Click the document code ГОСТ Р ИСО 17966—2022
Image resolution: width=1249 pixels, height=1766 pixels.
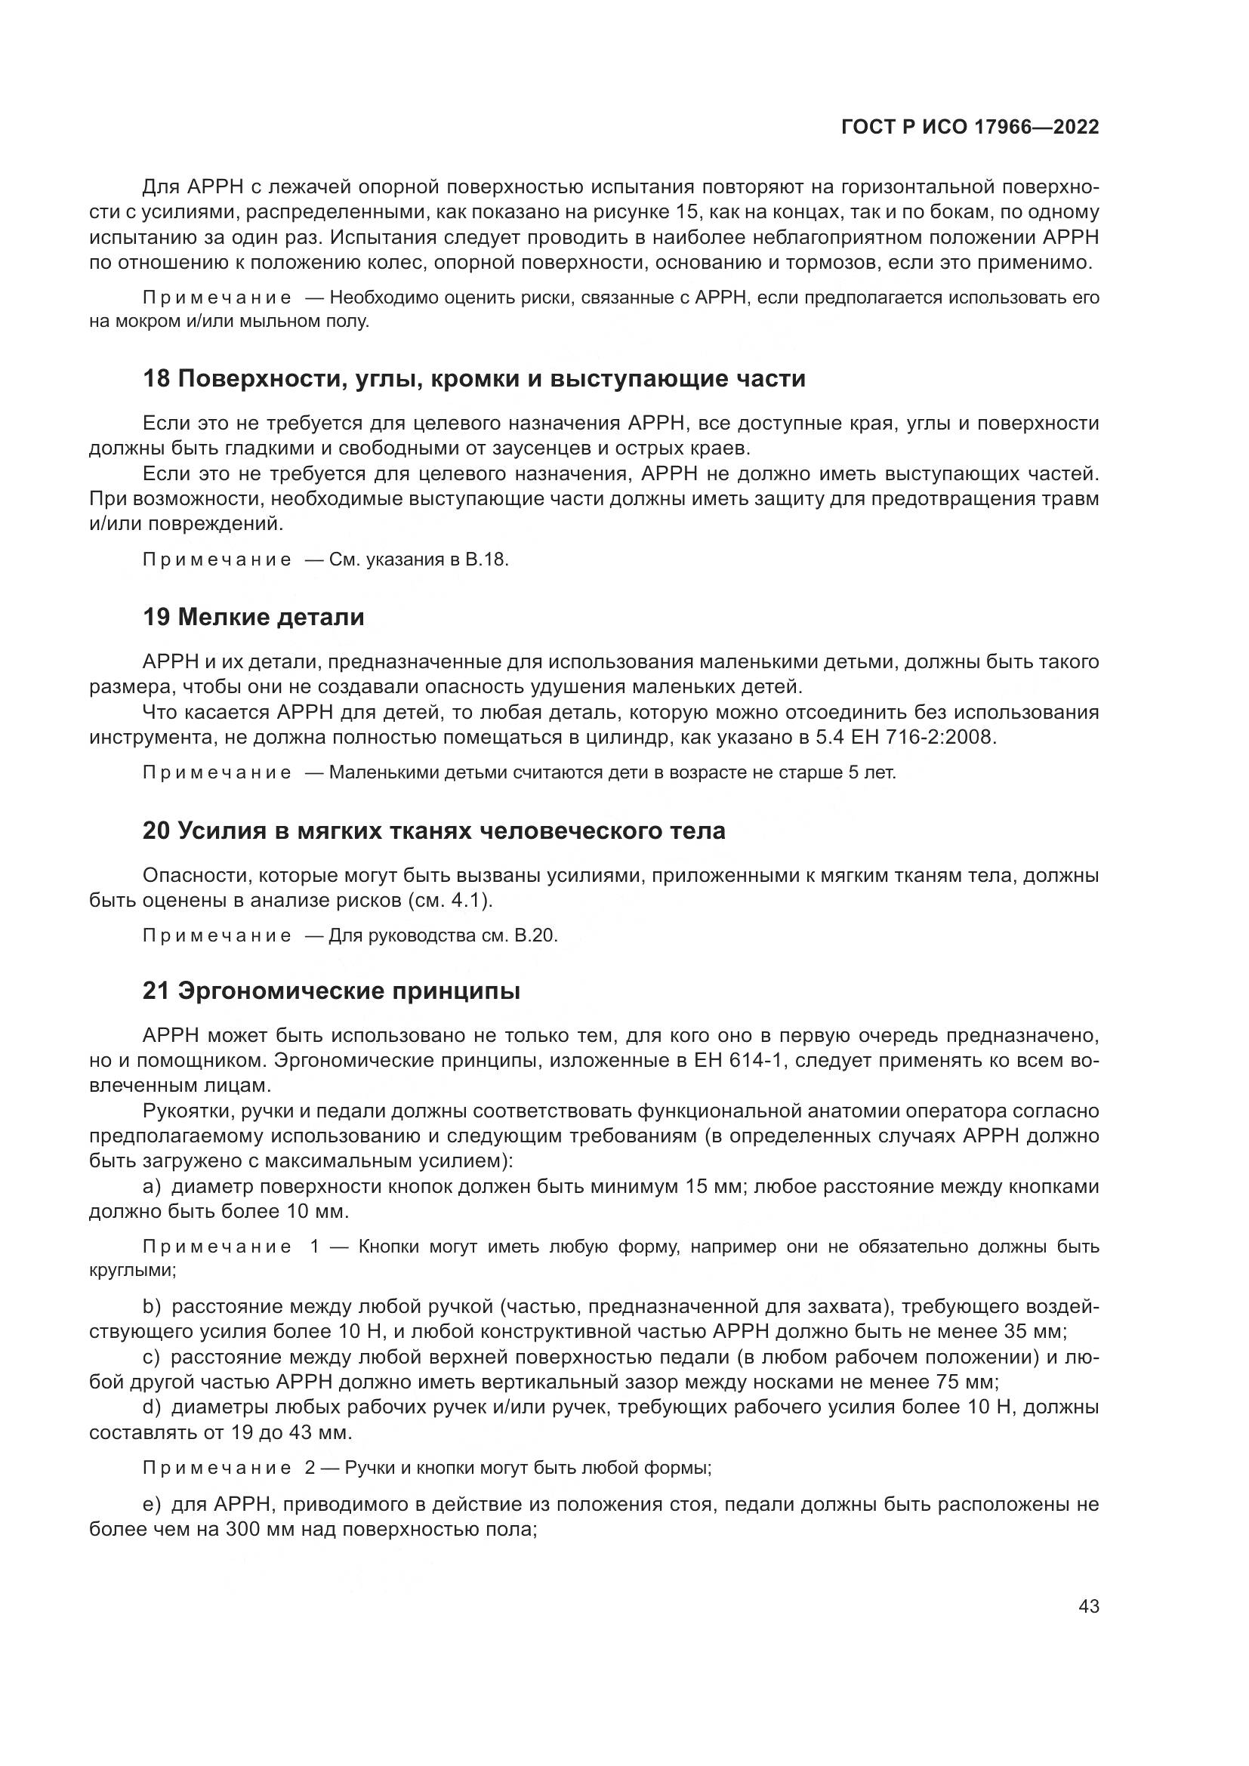pyautogui.click(x=970, y=128)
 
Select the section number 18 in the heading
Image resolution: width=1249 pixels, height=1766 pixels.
pyautogui.click(x=156, y=379)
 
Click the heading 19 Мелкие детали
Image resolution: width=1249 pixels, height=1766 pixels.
pyautogui.click(x=253, y=617)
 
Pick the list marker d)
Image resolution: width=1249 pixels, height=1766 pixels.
pyautogui.click(x=152, y=1407)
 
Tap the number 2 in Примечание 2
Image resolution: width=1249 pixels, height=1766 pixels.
pyautogui.click(x=309, y=1468)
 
